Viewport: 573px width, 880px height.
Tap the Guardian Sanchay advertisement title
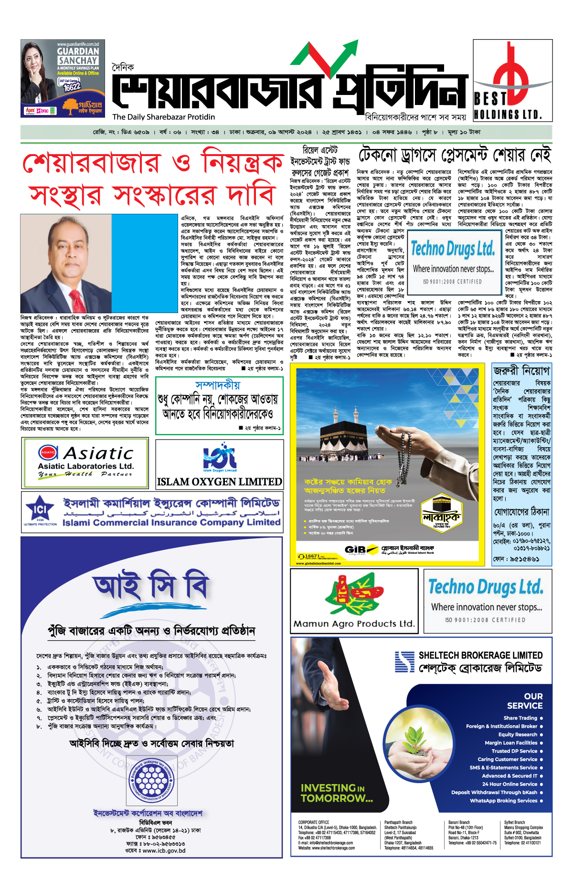78,56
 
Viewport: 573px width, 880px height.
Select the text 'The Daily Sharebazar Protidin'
164,117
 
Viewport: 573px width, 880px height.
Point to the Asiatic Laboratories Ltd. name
86,466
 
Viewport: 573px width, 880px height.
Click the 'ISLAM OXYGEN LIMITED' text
220,482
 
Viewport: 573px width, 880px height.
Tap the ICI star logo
40,510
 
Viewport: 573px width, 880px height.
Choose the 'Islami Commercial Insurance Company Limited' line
171,523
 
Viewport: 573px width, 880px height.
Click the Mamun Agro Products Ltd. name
354,624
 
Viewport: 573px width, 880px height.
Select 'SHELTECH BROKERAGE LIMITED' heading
480,655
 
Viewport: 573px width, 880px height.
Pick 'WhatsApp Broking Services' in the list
503,800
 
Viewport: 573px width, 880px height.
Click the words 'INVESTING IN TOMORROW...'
337,793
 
